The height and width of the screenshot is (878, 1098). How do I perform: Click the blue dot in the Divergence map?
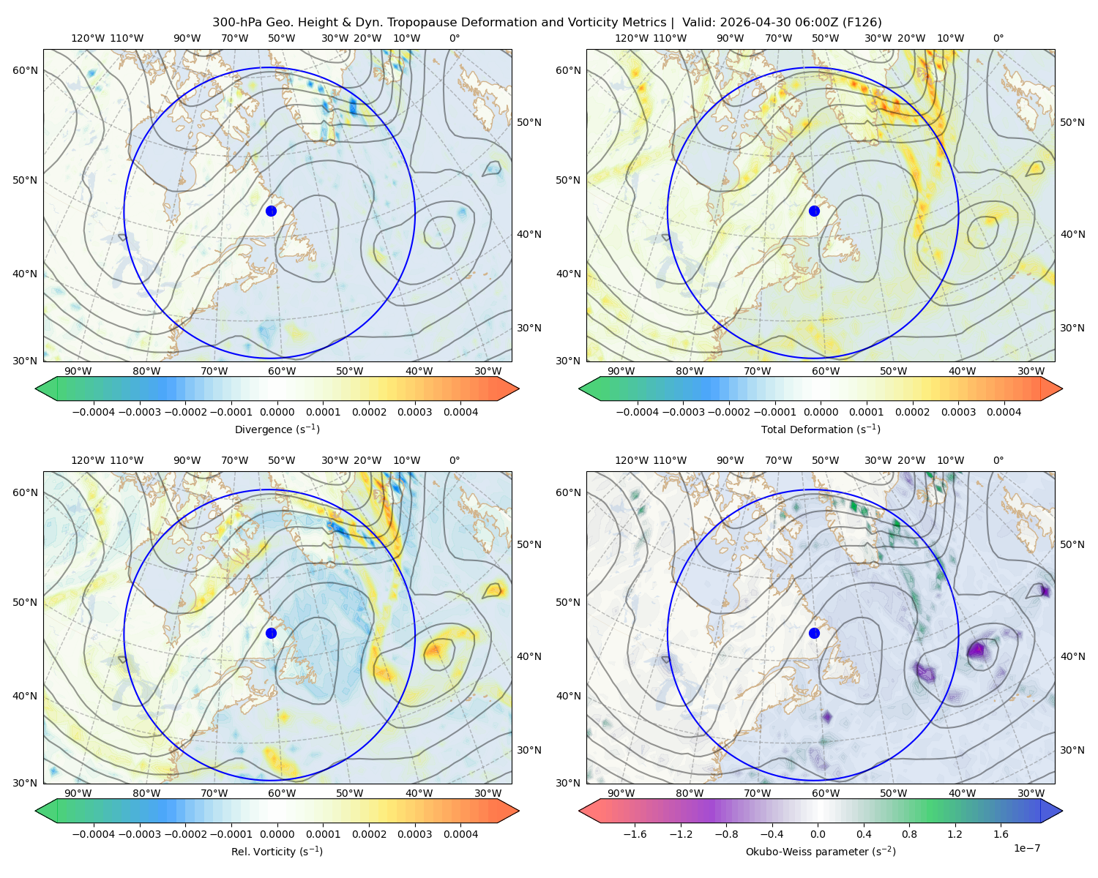(271, 211)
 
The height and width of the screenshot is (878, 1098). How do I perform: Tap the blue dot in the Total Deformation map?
(814, 211)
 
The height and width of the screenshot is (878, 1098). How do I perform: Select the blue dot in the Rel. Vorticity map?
(271, 633)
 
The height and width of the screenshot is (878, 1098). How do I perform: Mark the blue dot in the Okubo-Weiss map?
(814, 633)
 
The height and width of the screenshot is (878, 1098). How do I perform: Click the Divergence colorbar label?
(277, 429)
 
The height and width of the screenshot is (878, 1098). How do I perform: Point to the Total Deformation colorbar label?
(821, 429)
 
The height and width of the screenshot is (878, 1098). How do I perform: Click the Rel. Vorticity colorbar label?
(277, 851)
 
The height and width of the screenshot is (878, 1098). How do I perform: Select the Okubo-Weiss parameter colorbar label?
(821, 851)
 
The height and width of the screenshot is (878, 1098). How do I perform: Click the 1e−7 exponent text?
(1026, 848)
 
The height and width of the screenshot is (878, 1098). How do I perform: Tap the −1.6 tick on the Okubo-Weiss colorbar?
(634, 834)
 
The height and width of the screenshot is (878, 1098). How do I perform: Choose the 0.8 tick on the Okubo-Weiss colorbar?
(909, 834)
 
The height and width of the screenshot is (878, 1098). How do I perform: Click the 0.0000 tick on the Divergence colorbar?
(277, 412)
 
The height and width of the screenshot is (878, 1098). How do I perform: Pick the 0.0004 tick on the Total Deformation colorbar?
(1004, 412)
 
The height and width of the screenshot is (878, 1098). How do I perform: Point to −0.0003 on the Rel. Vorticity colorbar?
(139, 834)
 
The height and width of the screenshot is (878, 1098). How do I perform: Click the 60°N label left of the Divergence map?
(25, 70)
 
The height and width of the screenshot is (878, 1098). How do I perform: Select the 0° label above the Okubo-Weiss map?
(998, 460)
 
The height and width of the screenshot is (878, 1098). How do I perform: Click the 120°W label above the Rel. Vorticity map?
(88, 460)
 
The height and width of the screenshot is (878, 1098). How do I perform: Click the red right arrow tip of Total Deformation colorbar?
(1061, 389)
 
